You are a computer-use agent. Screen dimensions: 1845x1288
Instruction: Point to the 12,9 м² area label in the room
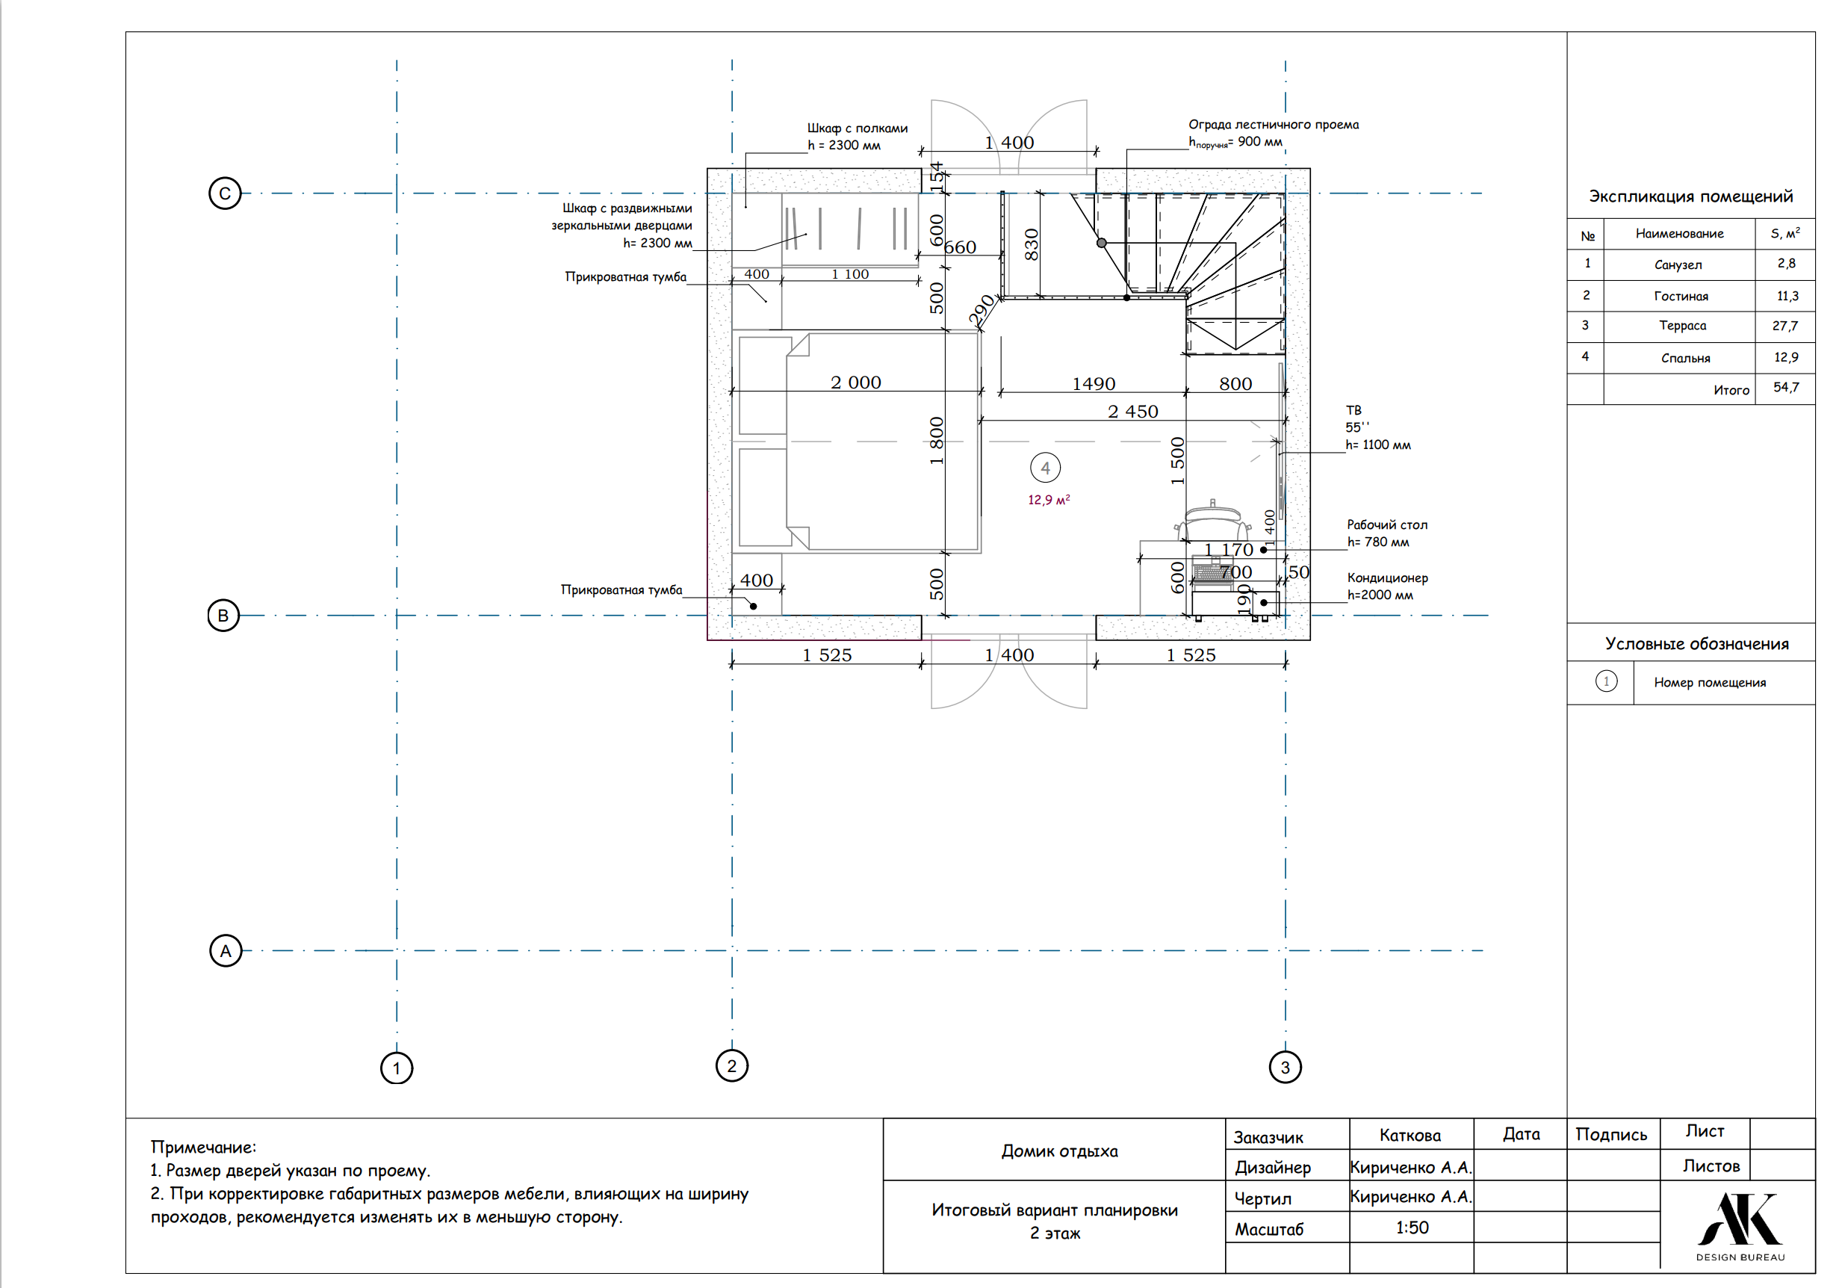pyautogui.click(x=1049, y=500)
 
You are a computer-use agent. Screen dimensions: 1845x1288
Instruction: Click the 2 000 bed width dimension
pyautogui.click(x=856, y=383)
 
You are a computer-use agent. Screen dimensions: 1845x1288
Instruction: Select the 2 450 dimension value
pyautogui.click(x=1133, y=412)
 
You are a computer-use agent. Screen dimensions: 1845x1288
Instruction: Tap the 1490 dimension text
pyautogui.click(x=1094, y=384)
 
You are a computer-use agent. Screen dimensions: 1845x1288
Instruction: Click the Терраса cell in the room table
pyautogui.click(x=1683, y=326)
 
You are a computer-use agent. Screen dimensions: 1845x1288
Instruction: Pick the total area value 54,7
pyautogui.click(x=1786, y=387)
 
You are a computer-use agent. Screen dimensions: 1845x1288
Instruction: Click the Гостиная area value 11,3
pyautogui.click(x=1788, y=296)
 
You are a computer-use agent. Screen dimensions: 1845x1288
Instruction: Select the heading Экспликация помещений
pyautogui.click(x=1690, y=196)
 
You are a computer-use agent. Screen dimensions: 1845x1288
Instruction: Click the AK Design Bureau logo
pyautogui.click(x=1740, y=1227)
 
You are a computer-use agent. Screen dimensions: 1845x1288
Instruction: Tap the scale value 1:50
pyautogui.click(x=1412, y=1227)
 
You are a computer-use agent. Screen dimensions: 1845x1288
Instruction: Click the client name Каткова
pyautogui.click(x=1410, y=1136)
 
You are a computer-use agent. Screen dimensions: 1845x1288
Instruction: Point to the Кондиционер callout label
pyautogui.click(x=1388, y=578)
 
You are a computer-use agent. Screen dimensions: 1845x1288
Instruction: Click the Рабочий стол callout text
pyautogui.click(x=1388, y=524)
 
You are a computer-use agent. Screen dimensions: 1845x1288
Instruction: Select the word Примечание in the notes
pyautogui.click(x=203, y=1148)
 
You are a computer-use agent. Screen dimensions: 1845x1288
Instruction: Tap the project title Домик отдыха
pyautogui.click(x=1059, y=1151)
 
